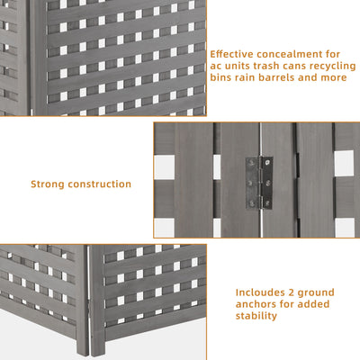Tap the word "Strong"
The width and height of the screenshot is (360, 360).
tap(49, 184)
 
